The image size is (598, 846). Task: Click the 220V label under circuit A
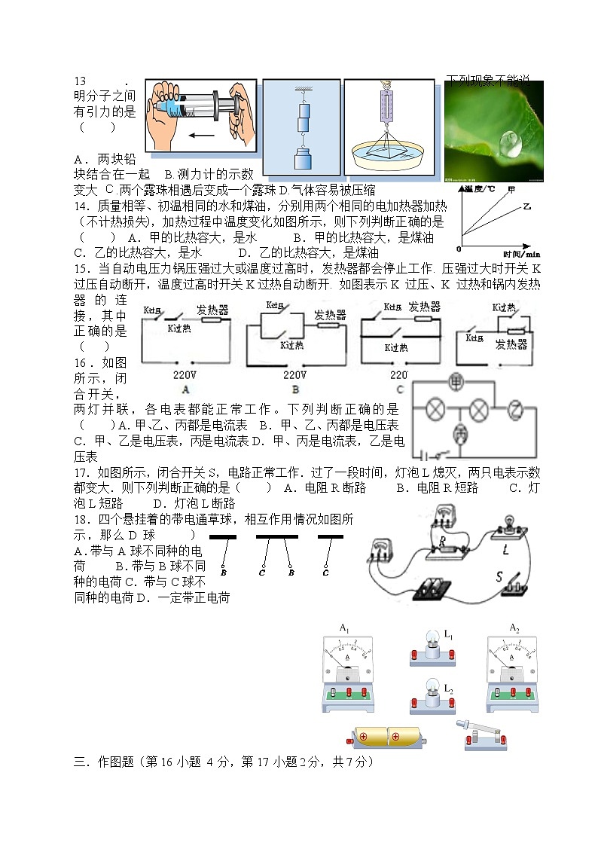tap(185, 374)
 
